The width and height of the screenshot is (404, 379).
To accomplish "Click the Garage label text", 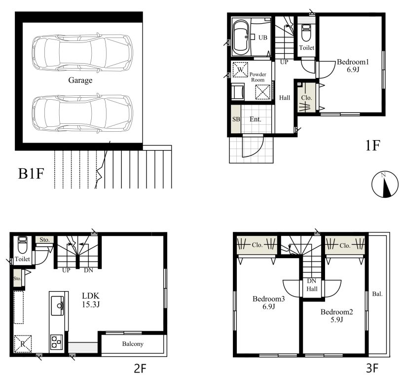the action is (x=80, y=80).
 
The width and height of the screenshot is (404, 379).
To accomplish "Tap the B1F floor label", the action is (x=31, y=173).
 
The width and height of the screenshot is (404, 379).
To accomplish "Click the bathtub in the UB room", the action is (x=241, y=37).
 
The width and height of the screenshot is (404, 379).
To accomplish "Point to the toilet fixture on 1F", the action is (x=306, y=33).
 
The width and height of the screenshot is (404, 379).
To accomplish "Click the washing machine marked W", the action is (x=240, y=70).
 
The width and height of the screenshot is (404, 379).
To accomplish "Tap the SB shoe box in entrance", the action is (x=236, y=119).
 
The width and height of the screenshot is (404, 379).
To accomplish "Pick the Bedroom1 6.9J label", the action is (x=353, y=66).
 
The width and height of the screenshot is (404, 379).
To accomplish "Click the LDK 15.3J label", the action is (x=91, y=300).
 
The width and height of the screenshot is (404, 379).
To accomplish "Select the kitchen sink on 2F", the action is (x=57, y=306).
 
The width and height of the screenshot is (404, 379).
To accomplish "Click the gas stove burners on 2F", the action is (x=56, y=342).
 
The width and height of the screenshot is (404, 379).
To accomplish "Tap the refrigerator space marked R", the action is (x=23, y=343).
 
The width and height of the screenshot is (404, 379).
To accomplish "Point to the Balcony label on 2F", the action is (x=133, y=343).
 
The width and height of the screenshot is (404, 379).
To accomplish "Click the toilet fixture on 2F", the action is (x=22, y=245).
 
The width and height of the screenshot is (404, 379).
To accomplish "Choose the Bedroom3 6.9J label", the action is (x=268, y=303).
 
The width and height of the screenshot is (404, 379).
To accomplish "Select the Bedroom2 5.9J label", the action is (x=336, y=315).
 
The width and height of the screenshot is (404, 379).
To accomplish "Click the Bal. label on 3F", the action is (x=377, y=294).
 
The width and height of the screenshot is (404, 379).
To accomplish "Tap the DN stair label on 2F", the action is (x=88, y=270).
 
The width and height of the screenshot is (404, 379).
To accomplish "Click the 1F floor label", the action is (x=372, y=146).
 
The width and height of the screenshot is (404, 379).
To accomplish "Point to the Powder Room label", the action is (x=257, y=77).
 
